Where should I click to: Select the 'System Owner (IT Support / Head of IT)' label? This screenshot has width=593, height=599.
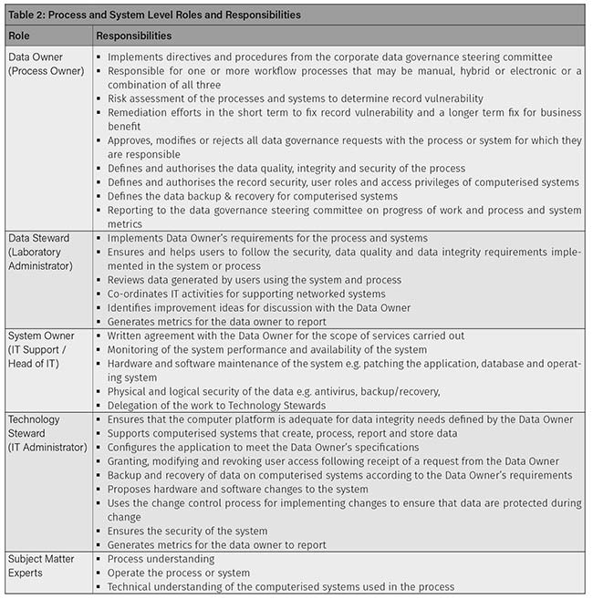tap(41, 350)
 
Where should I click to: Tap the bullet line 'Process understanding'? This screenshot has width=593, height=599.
tap(161, 559)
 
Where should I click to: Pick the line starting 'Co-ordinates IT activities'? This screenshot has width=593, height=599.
tap(246, 294)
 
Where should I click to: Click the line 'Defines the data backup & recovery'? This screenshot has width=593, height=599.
tap(252, 196)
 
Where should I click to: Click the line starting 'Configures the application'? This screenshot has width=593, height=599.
tap(263, 448)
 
